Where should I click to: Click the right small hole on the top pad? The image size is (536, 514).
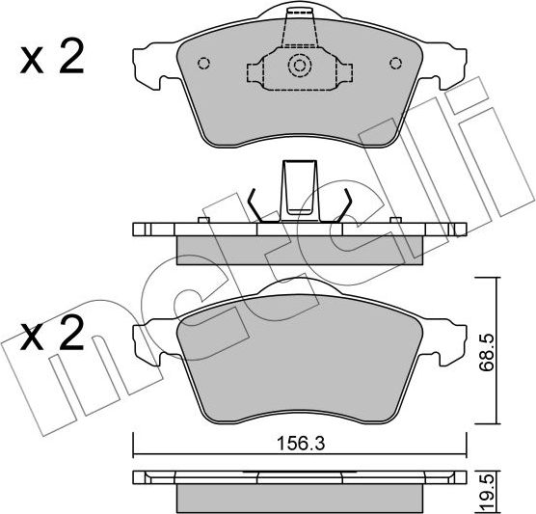pyautogui.click(x=393, y=65)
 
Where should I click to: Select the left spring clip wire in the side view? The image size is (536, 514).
pyautogui.click(x=254, y=205)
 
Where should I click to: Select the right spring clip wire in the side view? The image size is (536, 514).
pyautogui.click(x=344, y=205)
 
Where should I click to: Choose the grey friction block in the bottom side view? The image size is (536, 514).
pyautogui.click(x=299, y=497)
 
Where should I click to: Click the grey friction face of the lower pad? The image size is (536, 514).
pyautogui.click(x=299, y=357)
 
